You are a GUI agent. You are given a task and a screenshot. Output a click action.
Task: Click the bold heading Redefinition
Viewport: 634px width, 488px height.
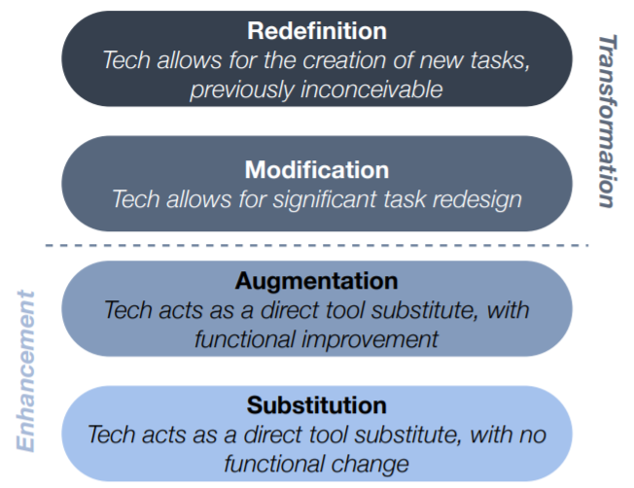[x=317, y=31]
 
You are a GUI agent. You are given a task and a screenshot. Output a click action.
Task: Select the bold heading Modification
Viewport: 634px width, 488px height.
[x=317, y=170]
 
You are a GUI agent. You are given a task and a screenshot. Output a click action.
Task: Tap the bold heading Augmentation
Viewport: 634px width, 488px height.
[x=317, y=281]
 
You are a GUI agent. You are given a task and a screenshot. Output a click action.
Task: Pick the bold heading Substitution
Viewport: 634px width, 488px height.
[x=317, y=405]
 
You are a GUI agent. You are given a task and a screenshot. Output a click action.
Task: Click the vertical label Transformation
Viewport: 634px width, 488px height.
[x=608, y=122]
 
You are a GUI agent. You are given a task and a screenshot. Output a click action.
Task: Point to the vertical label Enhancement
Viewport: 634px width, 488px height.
[x=26, y=370]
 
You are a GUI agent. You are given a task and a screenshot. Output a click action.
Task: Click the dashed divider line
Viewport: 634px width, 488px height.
[x=317, y=245]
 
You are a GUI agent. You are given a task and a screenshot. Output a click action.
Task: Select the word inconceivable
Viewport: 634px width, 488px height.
[x=371, y=88]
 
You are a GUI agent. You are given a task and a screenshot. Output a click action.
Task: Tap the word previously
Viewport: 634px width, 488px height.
[x=242, y=89]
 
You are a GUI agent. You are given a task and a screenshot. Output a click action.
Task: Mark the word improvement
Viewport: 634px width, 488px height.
[x=370, y=339]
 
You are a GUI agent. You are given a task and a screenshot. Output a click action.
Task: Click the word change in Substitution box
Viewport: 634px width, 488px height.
[x=370, y=464]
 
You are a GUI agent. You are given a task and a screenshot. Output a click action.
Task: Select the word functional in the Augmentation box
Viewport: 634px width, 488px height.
[x=245, y=338]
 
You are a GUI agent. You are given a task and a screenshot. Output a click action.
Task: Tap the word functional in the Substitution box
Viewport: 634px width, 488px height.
[x=274, y=464]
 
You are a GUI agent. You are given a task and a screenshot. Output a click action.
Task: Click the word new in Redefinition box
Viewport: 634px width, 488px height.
[x=441, y=60]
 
